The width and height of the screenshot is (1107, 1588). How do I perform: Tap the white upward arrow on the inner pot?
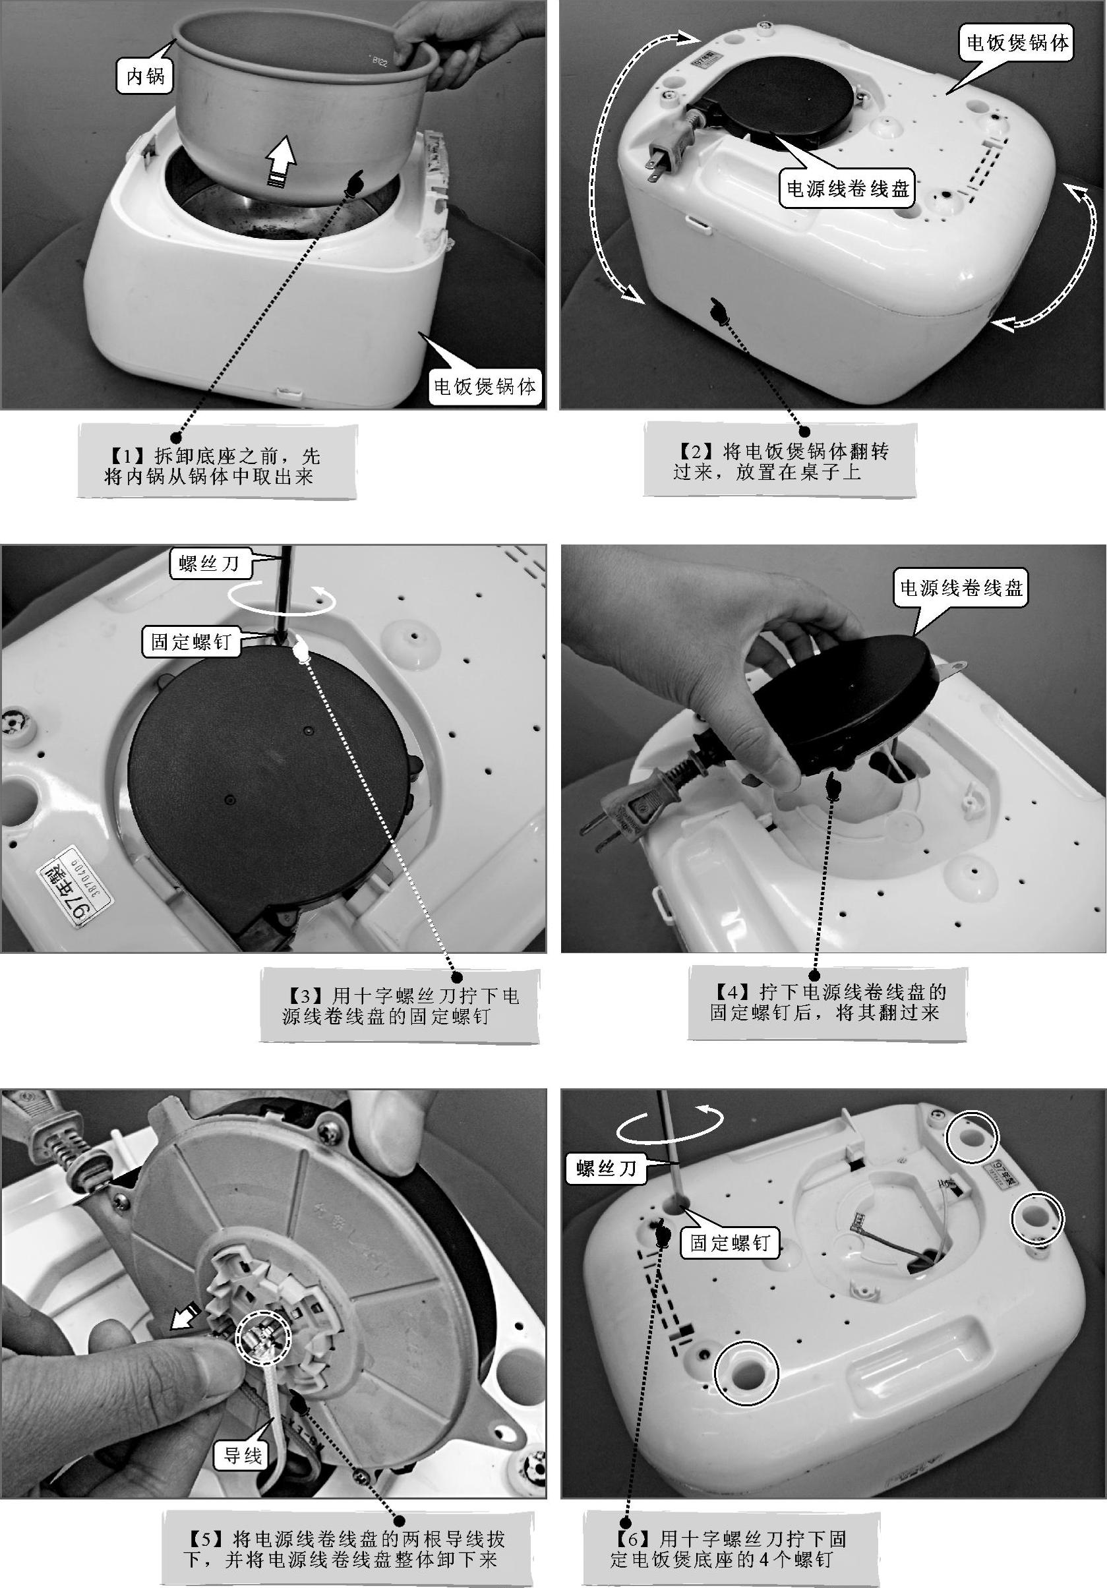[x=282, y=161]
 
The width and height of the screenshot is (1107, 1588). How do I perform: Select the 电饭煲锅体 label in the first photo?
[x=485, y=386]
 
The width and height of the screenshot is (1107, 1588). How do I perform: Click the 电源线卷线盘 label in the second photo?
[x=847, y=188]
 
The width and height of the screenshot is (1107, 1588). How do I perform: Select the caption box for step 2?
[x=781, y=460]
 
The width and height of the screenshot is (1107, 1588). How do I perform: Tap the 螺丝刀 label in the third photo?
[x=210, y=564]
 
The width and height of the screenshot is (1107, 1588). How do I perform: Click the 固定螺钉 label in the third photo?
[x=191, y=642]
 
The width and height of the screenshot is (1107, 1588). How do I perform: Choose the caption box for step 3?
[x=400, y=1006]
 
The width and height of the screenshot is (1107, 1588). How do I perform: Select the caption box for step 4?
[x=827, y=1003]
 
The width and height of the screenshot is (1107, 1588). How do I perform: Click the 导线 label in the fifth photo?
[x=243, y=1456]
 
